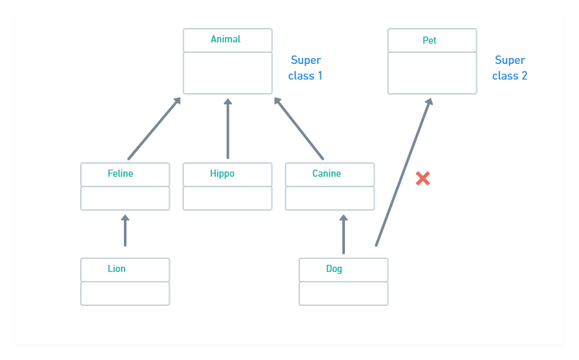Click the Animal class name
(x=226, y=40)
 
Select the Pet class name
(x=430, y=40)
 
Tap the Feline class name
(x=121, y=174)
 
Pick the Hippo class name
(x=222, y=174)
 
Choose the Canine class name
(x=327, y=174)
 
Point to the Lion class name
(x=117, y=269)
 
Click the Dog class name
(x=334, y=269)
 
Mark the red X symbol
(x=423, y=178)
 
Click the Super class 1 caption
(x=305, y=68)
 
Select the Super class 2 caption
(x=510, y=68)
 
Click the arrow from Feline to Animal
(x=154, y=128)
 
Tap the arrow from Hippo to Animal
(x=228, y=128)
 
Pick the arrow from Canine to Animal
(x=299, y=128)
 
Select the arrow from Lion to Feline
(x=125, y=231)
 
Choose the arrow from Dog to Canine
(x=344, y=235)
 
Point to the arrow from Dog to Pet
(x=403, y=173)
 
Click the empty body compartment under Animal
(x=228, y=73)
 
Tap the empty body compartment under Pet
(x=432, y=73)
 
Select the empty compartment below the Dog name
(x=344, y=293)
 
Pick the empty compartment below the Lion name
(x=125, y=293)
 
